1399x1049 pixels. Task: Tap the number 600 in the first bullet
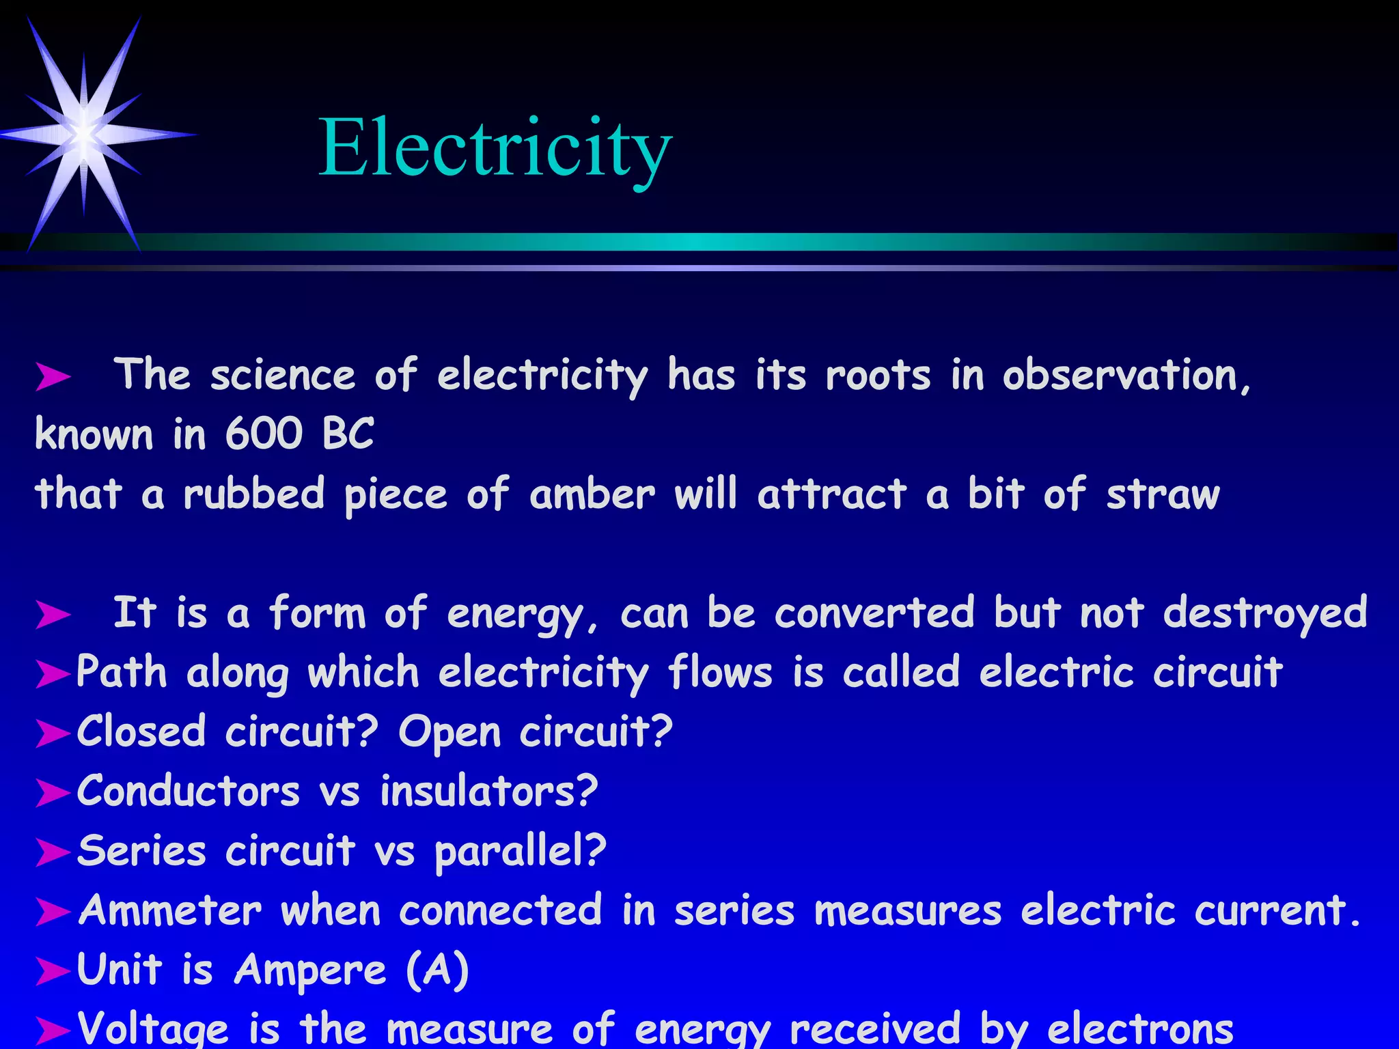point(264,434)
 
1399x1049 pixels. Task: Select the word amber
point(592,494)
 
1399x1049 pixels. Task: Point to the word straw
point(1163,495)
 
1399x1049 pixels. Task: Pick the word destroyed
point(1265,613)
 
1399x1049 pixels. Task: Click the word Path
point(122,672)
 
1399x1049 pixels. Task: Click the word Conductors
point(189,792)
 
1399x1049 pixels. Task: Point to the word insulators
point(489,792)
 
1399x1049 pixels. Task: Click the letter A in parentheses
point(437,970)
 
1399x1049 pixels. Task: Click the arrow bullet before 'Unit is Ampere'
point(53,971)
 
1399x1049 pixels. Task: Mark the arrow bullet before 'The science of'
point(53,376)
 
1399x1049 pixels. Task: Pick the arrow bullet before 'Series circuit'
point(53,852)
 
